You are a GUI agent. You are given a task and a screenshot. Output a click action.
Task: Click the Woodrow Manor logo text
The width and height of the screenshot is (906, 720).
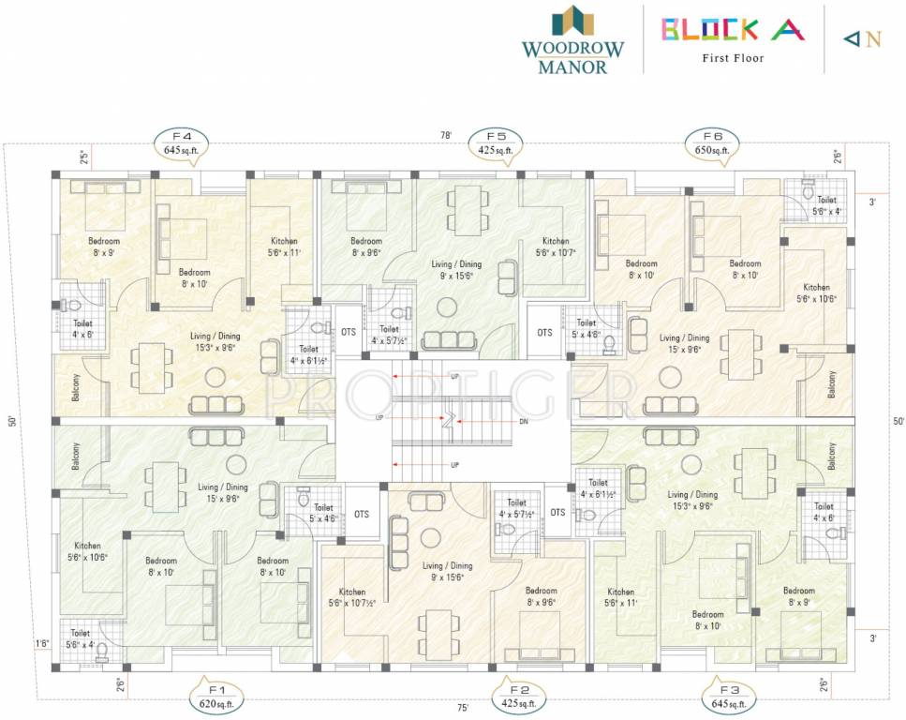(572, 56)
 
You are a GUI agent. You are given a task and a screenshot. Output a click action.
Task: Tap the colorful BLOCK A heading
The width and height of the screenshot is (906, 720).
(734, 29)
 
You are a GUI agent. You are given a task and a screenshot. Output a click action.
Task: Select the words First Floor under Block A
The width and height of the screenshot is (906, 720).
(734, 58)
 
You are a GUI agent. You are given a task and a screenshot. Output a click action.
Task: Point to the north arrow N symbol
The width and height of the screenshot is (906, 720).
(863, 39)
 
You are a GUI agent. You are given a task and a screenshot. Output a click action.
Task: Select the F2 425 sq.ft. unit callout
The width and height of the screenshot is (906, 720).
(518, 696)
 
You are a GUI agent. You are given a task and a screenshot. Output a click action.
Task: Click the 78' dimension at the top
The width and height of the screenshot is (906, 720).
(447, 136)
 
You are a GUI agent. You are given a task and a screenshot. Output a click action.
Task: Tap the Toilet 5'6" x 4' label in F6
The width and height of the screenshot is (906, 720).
(826, 205)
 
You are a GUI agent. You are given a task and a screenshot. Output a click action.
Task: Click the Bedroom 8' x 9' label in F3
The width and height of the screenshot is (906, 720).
(799, 596)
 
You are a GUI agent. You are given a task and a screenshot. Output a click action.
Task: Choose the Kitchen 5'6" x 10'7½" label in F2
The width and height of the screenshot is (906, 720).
(352, 597)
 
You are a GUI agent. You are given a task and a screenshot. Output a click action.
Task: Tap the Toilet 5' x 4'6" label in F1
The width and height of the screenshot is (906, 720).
(323, 513)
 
